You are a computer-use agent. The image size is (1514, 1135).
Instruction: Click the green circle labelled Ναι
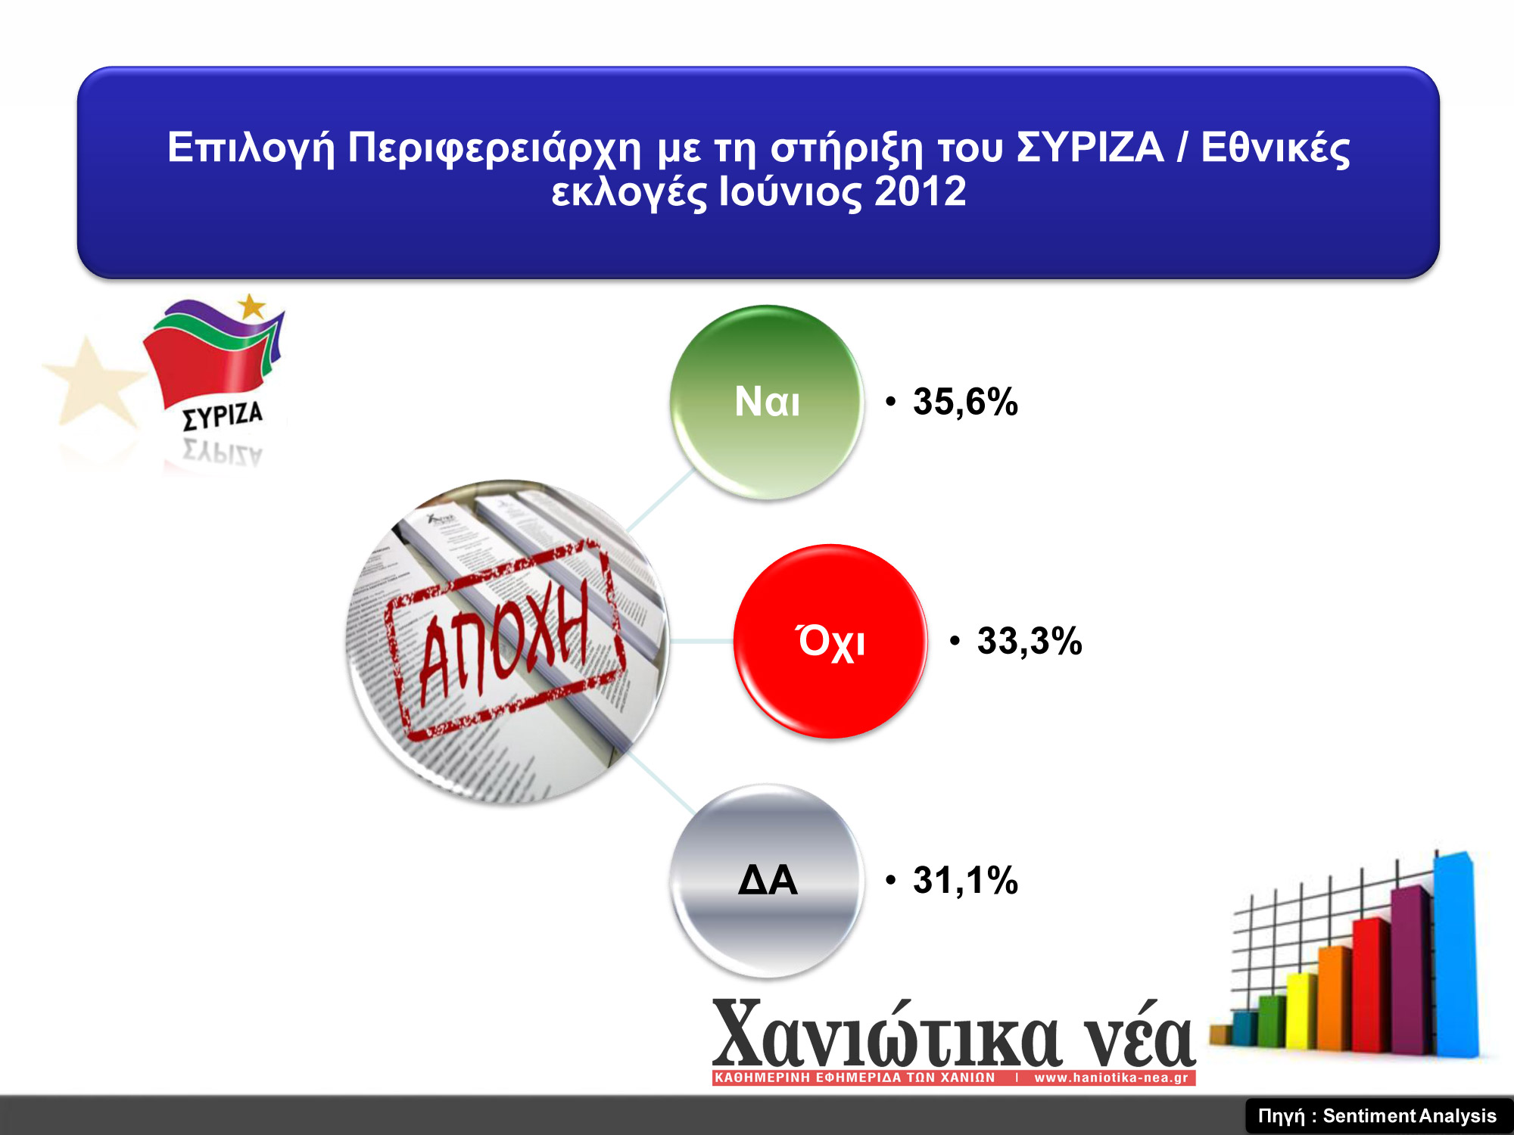766,402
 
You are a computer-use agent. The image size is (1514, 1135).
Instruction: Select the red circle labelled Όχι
830,641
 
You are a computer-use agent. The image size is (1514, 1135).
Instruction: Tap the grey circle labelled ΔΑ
766,881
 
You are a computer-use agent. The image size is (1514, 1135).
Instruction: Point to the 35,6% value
965,402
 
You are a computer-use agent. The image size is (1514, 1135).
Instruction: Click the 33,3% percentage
1030,641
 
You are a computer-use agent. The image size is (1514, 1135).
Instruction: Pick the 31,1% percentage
965,881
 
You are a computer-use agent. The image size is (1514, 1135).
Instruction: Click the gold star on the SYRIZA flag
251,306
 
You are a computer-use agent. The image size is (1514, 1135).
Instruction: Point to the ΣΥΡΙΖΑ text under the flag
223,415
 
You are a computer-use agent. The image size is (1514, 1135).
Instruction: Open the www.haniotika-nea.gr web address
1111,1077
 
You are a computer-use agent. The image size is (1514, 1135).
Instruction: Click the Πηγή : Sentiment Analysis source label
1377,1116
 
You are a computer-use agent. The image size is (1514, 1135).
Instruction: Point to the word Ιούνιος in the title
790,192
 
